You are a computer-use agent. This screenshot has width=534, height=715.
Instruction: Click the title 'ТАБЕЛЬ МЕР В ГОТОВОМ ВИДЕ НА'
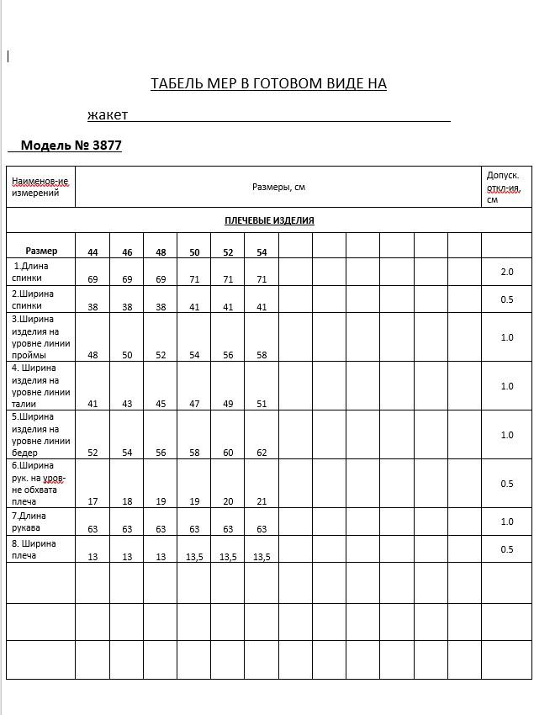pos(268,83)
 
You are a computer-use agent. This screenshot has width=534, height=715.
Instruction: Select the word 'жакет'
pos(108,114)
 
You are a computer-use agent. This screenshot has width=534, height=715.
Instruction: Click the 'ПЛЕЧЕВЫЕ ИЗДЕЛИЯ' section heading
pos(269,220)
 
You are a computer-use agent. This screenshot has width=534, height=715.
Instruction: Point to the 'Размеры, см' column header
pos(278,187)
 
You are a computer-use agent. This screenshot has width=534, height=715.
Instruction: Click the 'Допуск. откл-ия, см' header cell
pos(504,187)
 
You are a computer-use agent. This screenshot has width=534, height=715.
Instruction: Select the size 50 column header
pos(194,252)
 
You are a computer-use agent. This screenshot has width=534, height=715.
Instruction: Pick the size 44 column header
pos(93,252)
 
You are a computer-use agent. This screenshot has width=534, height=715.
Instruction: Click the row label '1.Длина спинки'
pos(30,272)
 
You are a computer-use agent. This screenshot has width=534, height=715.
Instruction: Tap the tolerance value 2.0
pos(506,272)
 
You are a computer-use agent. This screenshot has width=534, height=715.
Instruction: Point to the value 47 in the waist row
pos(194,404)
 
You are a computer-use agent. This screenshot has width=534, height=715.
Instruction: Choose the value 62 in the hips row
pos(262,453)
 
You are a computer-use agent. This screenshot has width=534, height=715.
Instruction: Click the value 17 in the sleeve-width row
pos(93,501)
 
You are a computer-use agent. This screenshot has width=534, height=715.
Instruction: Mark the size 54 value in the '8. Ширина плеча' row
pos(262,557)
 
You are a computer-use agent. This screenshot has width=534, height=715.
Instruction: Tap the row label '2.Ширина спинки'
pos(33,299)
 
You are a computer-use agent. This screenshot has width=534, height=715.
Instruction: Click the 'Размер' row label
pos(41,251)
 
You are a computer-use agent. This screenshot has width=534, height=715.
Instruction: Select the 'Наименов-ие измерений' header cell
pos(40,187)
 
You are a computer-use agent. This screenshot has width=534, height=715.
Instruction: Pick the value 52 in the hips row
pos(93,453)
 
